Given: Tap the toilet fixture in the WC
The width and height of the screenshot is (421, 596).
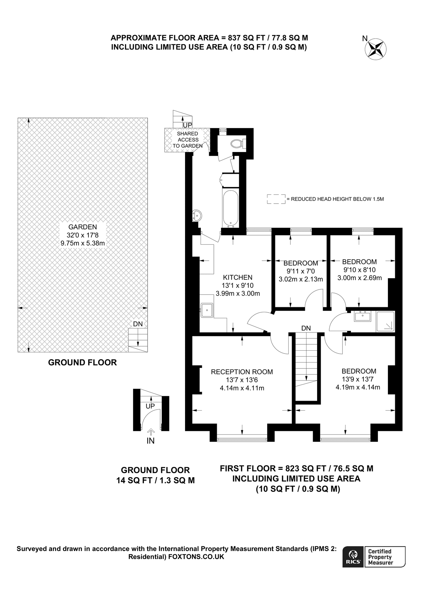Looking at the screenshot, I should (237, 143).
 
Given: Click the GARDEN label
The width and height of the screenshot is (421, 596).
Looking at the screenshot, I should (82, 227).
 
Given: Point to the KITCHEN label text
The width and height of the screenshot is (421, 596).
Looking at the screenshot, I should (237, 277).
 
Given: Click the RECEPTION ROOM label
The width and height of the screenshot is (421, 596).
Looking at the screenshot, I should (242, 372).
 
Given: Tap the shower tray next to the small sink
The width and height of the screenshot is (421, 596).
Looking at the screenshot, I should (385, 321).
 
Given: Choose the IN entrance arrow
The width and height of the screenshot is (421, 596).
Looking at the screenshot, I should (151, 432).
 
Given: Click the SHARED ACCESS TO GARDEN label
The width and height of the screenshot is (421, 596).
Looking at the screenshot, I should (187, 140).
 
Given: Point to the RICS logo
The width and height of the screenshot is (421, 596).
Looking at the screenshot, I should (353, 557).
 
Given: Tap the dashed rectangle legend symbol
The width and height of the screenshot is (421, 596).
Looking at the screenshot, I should (276, 199).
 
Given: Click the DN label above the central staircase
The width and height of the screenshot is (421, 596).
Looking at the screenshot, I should (306, 328).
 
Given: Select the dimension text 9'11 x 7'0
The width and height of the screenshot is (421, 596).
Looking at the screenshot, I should (301, 271).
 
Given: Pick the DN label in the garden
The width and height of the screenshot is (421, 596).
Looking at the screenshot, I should (138, 324).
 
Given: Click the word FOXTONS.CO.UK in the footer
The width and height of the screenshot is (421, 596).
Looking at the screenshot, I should (196, 557).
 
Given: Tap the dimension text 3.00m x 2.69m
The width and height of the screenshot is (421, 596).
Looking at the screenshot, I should (359, 278).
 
